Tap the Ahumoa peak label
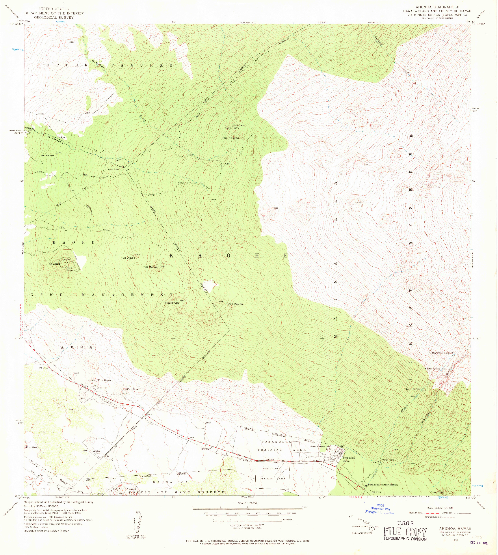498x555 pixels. (x=54, y=264)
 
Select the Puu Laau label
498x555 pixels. (x=114, y=169)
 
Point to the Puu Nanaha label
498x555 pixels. (x=231, y=138)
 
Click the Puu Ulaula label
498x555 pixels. (x=128, y=258)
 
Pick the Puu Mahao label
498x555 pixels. (x=150, y=267)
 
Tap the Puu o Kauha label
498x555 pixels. (x=234, y=304)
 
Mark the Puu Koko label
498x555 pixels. (x=104, y=380)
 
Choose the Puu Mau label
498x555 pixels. (x=134, y=389)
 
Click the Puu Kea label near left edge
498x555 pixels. (x=31, y=447)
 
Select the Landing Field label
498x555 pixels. (x=96, y=452)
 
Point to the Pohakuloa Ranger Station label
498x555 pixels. (x=382, y=485)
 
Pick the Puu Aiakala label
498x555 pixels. (x=47, y=156)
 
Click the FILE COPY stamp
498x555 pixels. (x=405, y=532)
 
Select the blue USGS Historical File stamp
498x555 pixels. (x=380, y=509)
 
